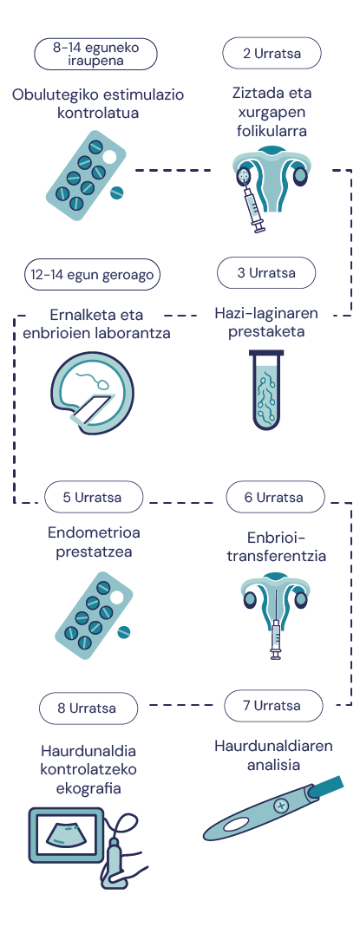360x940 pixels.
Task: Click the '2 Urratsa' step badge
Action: [272, 54]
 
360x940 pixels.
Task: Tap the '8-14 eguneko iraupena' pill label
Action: [96, 54]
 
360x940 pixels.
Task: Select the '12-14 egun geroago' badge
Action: [93, 275]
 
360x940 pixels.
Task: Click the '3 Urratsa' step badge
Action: [266, 273]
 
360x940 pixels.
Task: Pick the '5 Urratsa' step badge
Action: [94, 497]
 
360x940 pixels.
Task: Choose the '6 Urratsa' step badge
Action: [275, 497]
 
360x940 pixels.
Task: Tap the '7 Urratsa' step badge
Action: [273, 705]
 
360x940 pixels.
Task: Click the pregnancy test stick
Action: [272, 808]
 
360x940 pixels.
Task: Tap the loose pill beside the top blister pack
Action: [117, 192]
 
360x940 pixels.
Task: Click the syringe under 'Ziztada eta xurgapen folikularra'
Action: [252, 206]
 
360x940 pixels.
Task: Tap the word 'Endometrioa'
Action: [94, 532]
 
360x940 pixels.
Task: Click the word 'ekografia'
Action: [88, 787]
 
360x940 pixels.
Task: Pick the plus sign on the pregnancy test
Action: [280, 805]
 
